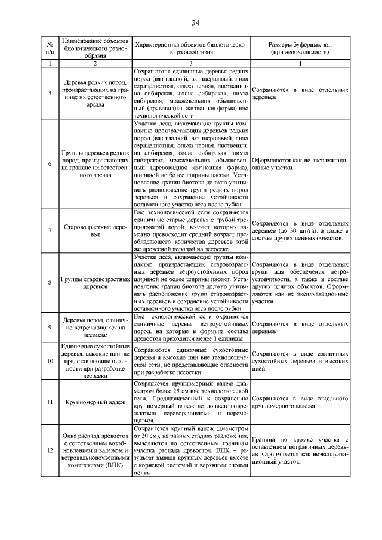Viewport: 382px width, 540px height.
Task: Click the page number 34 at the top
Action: click(x=195, y=23)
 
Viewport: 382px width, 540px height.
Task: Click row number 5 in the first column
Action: click(x=50, y=94)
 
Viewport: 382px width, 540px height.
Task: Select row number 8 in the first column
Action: click(x=50, y=283)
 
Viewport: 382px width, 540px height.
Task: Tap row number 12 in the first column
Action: click(x=50, y=451)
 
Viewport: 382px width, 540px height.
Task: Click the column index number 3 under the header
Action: click(x=190, y=63)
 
